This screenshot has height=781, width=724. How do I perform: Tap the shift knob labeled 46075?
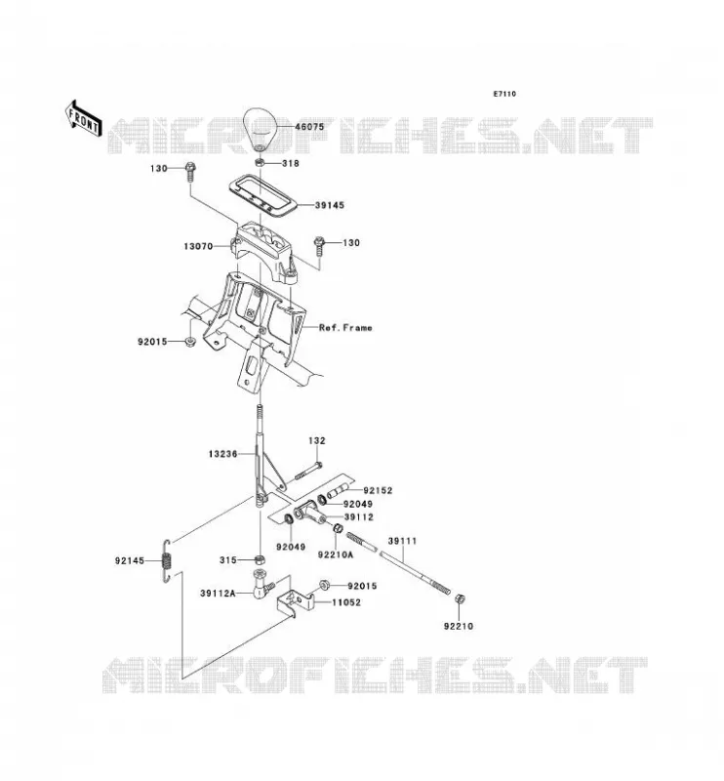(260, 129)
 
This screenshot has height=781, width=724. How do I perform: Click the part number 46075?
(309, 127)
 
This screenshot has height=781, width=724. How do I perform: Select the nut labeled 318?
(260, 162)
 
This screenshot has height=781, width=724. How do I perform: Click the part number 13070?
(198, 246)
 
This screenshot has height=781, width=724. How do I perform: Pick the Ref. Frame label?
(345, 328)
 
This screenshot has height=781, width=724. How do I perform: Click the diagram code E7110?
(504, 94)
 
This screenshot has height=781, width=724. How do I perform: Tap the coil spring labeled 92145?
(168, 560)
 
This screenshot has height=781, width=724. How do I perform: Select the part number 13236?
(223, 454)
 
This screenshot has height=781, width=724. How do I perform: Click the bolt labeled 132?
(308, 471)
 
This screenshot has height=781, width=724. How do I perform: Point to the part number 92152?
(378, 491)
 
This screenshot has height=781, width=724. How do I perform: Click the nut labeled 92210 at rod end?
(461, 598)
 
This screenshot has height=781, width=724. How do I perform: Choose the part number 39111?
(403, 541)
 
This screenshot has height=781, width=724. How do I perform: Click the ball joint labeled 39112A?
(262, 585)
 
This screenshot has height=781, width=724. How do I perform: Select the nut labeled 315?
(259, 559)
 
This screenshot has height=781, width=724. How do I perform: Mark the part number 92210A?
(336, 554)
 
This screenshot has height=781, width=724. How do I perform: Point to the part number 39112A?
(218, 594)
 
